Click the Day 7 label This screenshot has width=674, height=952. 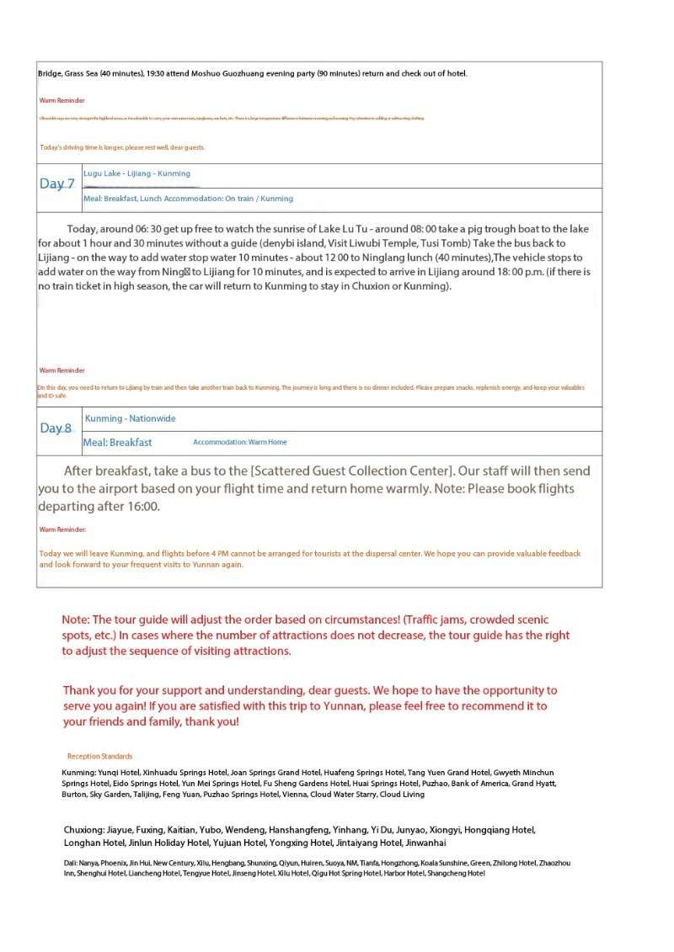[x=57, y=184]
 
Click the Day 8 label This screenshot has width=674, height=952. [x=56, y=428]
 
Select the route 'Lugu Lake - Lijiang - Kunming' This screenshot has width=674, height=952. [x=136, y=173]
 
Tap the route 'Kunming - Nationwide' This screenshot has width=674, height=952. [x=131, y=418]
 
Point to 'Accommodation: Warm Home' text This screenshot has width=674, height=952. [x=239, y=442]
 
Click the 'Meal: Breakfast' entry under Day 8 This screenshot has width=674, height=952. [x=118, y=442]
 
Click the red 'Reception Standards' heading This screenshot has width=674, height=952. [x=99, y=756]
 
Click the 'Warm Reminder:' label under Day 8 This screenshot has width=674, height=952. [x=63, y=529]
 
